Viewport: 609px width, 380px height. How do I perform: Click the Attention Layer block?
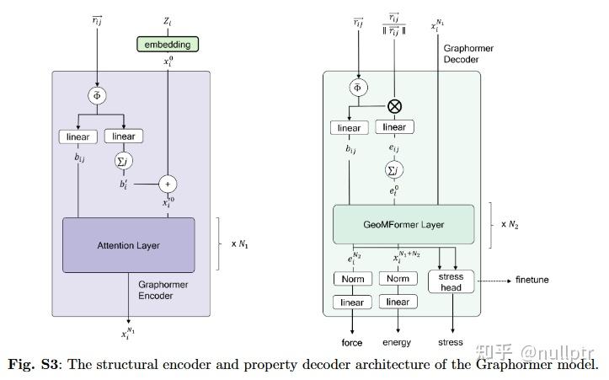coord(128,245)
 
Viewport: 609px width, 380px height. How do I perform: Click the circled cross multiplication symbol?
coord(393,106)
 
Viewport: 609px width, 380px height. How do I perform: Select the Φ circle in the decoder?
coord(357,87)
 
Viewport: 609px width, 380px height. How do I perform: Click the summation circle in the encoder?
coord(124,159)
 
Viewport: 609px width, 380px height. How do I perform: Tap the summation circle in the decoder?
coord(393,171)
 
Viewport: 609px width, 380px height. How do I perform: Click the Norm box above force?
coord(351,279)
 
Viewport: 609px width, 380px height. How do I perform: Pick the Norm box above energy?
coord(398,279)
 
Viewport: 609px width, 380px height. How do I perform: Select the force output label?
coord(351,343)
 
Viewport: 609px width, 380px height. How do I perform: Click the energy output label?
coord(397,343)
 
